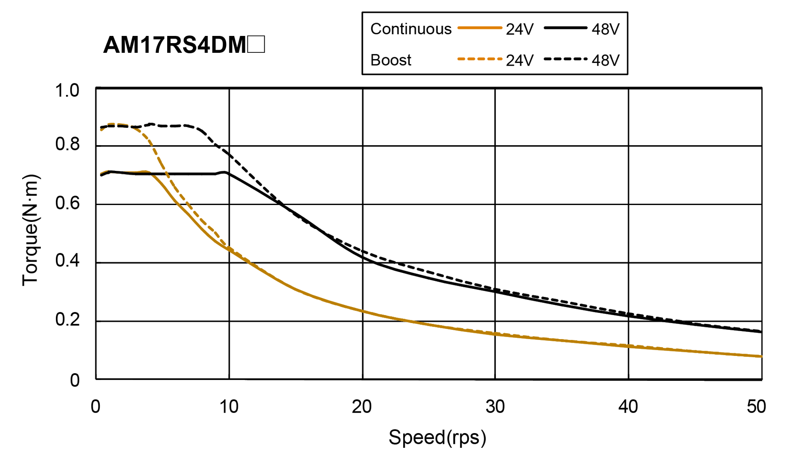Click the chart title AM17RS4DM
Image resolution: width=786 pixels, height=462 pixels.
click(x=175, y=45)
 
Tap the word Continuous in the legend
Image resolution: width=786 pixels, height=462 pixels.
click(x=411, y=29)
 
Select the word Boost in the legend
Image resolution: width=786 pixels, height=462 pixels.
click(x=391, y=60)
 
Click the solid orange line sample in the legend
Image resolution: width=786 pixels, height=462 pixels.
click(x=479, y=28)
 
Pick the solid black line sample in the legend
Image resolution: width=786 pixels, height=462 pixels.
click(x=566, y=28)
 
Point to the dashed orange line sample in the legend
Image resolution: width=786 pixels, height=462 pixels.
click(x=479, y=59)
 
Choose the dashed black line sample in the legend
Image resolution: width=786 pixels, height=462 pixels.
click(x=566, y=59)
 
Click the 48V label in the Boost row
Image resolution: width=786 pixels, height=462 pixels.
click(x=605, y=60)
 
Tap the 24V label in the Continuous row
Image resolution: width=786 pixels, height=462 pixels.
click(x=519, y=29)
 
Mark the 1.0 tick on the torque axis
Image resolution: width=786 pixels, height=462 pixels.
click(x=67, y=91)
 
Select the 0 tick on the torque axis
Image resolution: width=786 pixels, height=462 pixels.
click(x=75, y=380)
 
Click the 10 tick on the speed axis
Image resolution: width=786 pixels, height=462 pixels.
click(x=229, y=407)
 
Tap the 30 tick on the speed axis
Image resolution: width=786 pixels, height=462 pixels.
click(x=495, y=407)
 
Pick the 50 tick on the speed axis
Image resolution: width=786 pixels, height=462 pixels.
click(x=756, y=407)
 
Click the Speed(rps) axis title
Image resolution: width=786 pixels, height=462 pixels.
click(x=437, y=438)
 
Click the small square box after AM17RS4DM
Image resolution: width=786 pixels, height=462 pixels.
click(x=256, y=45)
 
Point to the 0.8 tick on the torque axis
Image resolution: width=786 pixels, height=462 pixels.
click(x=67, y=144)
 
